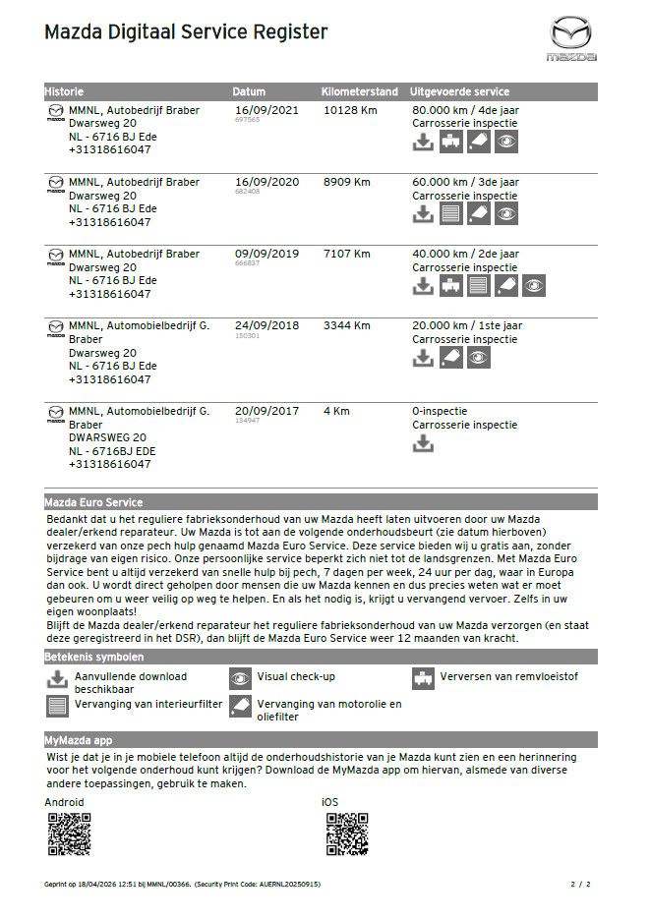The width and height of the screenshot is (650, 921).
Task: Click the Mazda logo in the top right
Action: pos(571,37)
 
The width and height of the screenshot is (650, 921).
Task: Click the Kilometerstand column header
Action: pos(361,91)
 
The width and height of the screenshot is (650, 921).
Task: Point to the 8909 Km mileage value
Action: pos(347,182)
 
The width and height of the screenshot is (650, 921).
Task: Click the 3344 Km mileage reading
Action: pos(347,325)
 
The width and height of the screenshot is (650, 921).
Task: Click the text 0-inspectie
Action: pos(440,411)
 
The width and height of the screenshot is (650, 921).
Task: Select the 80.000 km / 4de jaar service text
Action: pos(465,110)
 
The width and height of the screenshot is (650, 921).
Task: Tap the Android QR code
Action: pos(69,835)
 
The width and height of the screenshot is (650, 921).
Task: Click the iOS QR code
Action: pos(346,835)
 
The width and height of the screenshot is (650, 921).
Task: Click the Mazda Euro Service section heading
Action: pos(93,502)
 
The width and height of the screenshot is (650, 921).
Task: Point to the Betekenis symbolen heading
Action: pos(94,657)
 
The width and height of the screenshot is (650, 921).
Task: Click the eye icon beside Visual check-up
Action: pos(241,678)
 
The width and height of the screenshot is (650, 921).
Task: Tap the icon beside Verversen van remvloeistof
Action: pos(423,678)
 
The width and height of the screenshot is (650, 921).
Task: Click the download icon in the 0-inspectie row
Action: pos(423,443)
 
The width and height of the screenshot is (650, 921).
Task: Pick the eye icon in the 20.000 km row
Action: pos(478,358)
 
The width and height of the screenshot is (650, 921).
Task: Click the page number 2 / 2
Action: pos(580,885)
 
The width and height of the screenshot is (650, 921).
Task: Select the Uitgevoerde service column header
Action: pos(459,91)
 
